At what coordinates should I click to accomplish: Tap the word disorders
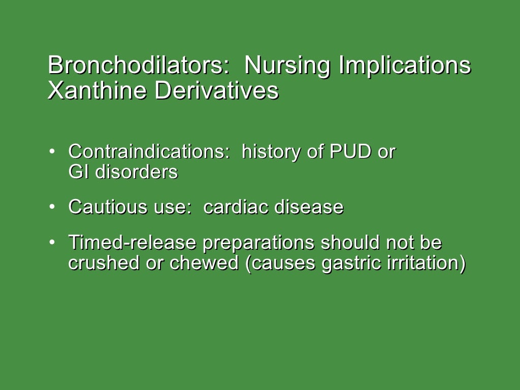click(137, 172)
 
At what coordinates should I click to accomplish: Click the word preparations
click(258, 244)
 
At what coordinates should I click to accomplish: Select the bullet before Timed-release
click(52, 243)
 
